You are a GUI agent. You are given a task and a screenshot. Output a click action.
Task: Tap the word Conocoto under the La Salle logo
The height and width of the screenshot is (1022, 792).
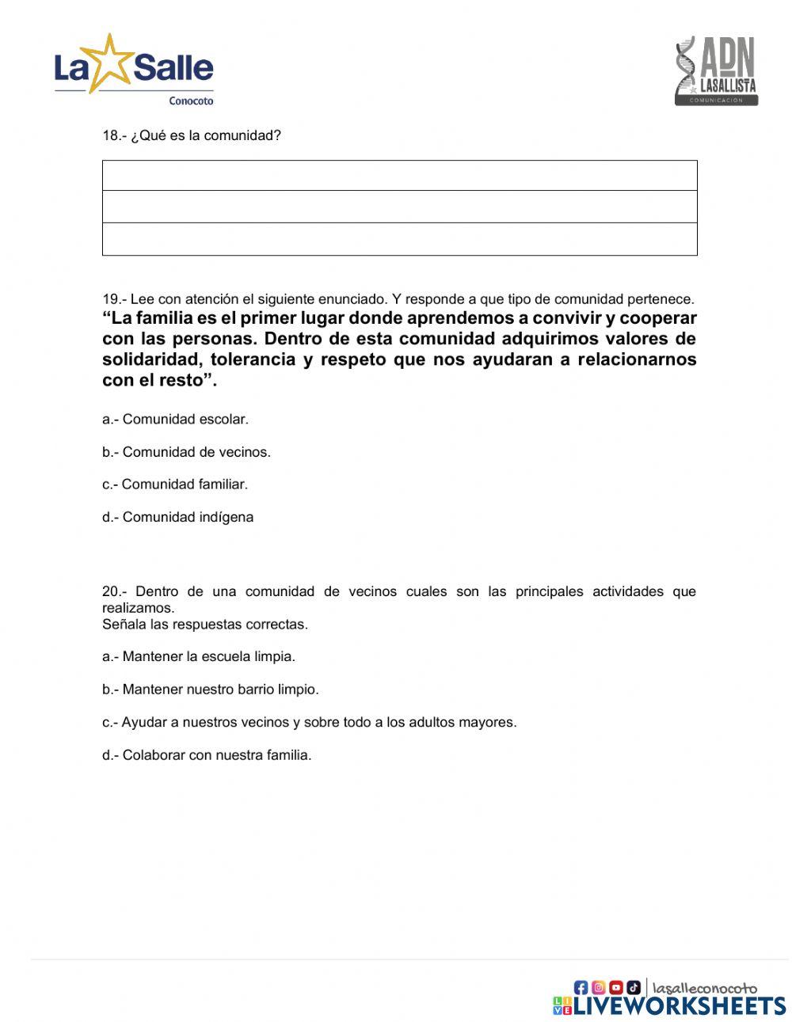click(x=191, y=101)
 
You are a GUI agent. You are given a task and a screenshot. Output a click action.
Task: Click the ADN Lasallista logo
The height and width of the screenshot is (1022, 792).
click(x=716, y=71)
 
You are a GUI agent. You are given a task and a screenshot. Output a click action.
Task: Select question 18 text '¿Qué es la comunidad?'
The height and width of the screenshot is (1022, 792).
click(x=205, y=135)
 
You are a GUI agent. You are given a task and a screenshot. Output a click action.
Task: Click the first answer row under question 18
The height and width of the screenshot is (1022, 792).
click(x=399, y=176)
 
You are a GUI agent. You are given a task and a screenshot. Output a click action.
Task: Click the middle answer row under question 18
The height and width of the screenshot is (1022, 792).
click(x=399, y=207)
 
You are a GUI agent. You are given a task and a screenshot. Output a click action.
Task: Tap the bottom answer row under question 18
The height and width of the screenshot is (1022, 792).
click(x=399, y=239)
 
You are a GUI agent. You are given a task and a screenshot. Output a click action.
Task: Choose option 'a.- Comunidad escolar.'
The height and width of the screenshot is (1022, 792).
click(x=175, y=420)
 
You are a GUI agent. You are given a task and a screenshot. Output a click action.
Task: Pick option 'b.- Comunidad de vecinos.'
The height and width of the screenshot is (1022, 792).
click(x=186, y=452)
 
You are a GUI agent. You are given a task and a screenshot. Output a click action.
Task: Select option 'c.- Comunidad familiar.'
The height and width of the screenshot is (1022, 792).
click(x=175, y=484)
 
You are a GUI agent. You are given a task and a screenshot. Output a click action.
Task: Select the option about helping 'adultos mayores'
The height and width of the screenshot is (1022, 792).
click(x=309, y=722)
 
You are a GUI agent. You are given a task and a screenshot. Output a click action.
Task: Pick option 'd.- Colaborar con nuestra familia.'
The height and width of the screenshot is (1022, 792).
click(x=207, y=755)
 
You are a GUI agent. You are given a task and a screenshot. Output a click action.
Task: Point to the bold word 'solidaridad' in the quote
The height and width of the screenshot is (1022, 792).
click(x=150, y=359)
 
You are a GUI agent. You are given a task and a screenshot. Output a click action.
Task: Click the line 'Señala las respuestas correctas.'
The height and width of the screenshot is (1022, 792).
click(x=204, y=625)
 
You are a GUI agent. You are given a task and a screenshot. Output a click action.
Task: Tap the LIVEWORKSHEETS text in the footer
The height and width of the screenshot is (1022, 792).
click(x=679, y=1005)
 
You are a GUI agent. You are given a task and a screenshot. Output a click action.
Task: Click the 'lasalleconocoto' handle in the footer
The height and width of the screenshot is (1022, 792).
click(x=705, y=987)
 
